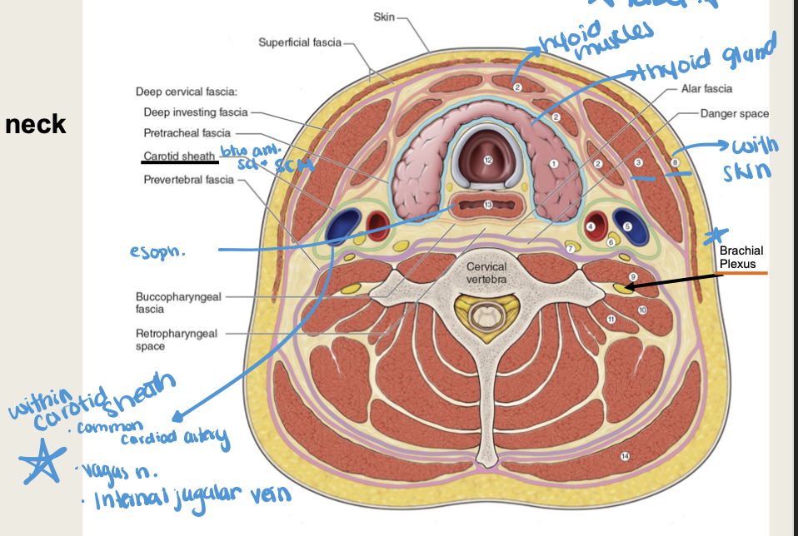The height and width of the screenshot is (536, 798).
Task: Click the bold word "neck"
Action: click(35, 125)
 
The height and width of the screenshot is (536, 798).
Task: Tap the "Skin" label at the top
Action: click(384, 17)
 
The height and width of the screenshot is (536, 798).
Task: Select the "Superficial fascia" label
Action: click(298, 42)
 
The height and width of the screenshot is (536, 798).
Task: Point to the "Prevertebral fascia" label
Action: click(187, 179)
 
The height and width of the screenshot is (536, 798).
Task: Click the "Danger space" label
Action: click(734, 113)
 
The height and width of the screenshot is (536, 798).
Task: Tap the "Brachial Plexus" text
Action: click(741, 257)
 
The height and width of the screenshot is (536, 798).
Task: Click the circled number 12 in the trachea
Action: click(488, 160)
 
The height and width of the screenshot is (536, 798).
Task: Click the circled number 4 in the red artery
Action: click(591, 225)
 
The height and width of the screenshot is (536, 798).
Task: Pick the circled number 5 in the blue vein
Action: click(628, 225)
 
